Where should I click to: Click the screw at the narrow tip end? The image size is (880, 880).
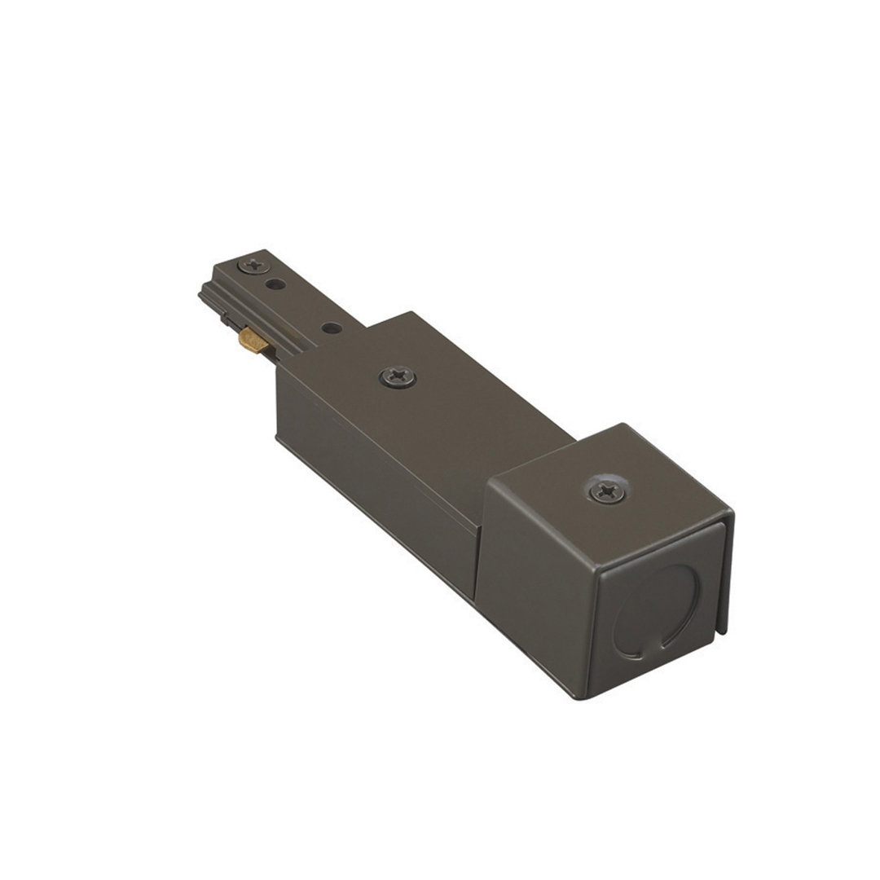(253, 266)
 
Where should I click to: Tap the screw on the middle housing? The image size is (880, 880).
(398, 376)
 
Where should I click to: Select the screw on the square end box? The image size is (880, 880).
(608, 491)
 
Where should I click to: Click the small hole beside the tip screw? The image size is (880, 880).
(276, 284)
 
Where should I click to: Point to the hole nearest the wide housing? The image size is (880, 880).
(331, 328)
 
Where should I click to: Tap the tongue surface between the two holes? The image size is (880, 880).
(303, 306)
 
